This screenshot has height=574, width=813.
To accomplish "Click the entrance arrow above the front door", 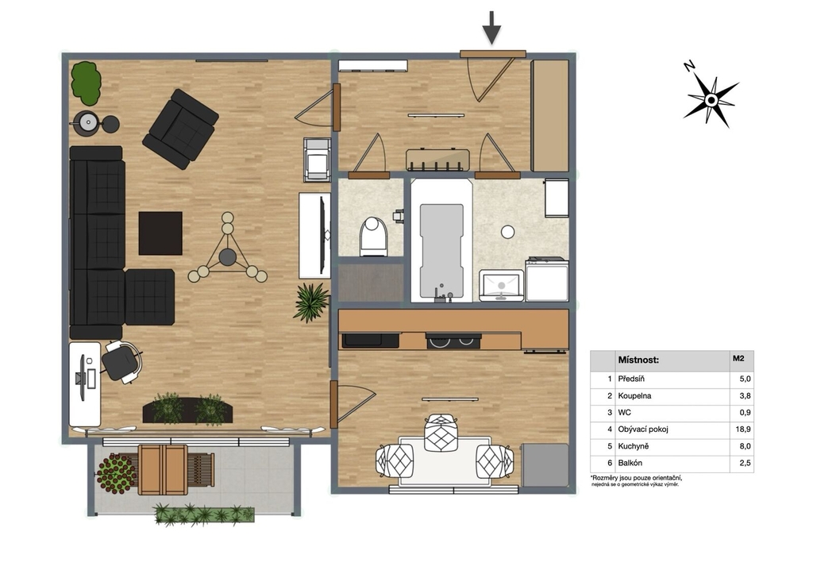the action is coord(491,28).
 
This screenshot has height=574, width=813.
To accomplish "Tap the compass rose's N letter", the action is coord(689,66).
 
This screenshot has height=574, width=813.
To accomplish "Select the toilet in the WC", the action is coord(374,237).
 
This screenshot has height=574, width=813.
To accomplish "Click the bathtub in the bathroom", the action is coord(441,241).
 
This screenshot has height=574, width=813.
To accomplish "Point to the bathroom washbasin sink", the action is coord(502,285).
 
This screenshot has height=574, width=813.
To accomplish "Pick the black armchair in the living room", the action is coord(180,129).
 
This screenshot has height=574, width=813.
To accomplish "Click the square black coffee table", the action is coord(160,233).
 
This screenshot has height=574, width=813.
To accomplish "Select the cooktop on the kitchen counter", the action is coord(453,341).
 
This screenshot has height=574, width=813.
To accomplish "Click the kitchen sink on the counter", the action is coord(371,340).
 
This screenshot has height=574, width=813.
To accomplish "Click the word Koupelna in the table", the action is coord(634,395).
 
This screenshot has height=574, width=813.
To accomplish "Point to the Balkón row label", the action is coord(630,463).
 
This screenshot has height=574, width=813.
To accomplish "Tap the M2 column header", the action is coord(738,358).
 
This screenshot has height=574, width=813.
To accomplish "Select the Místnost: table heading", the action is coord(638,360).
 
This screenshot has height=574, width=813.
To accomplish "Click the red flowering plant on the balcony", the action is coord(117,473).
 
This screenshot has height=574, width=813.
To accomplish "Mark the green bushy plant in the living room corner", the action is coord(86,83).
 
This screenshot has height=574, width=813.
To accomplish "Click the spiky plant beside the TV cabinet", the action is coord(311,302).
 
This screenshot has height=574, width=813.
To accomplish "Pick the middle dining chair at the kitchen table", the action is coord(440,433).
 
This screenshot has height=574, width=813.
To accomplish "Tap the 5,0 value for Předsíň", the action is coord(745,379).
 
